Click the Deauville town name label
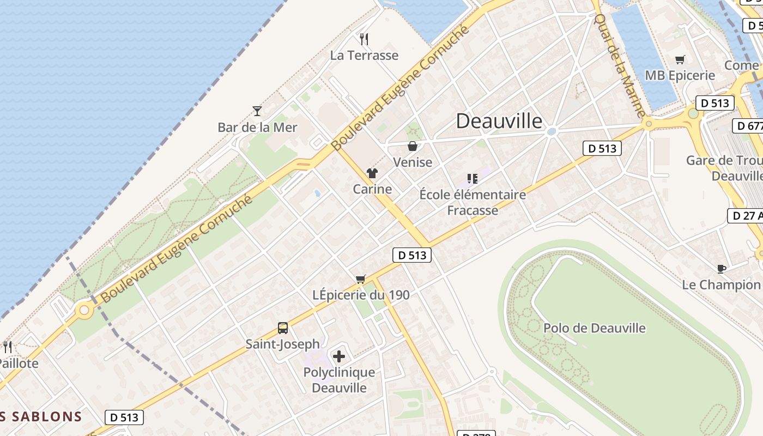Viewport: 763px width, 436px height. [x=499, y=121]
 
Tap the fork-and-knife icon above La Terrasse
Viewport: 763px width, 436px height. [x=364, y=39]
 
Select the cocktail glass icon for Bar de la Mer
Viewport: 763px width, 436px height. [x=257, y=111]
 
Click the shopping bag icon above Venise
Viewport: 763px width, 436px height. [x=413, y=146]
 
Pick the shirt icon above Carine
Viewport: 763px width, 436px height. [x=372, y=173]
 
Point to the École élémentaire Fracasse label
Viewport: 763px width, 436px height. [x=473, y=202]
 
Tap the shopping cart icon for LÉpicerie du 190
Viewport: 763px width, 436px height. [x=360, y=279]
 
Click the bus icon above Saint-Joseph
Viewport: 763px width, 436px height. [x=282, y=328]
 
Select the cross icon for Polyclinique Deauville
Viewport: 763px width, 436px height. [x=339, y=357]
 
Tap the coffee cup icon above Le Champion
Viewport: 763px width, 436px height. [x=721, y=269]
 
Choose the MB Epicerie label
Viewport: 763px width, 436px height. [x=680, y=75]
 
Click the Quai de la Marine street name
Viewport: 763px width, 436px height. [x=619, y=65]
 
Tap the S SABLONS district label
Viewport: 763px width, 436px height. [x=41, y=417]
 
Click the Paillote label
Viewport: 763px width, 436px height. [x=19, y=364]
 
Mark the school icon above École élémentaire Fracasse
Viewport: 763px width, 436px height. [x=472, y=179]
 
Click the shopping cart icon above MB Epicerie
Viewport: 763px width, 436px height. [x=680, y=60]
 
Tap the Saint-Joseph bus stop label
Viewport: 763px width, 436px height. [x=282, y=344]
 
